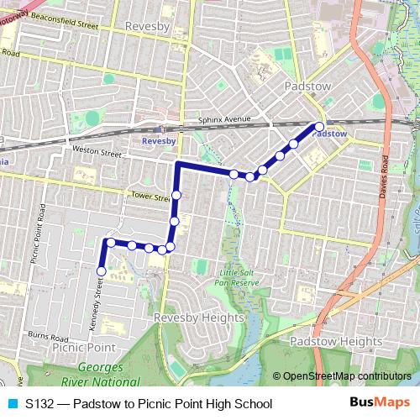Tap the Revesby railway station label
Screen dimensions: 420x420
point(159,142)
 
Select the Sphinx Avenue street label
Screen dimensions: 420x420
point(225,120)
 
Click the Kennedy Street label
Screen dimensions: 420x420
point(97,304)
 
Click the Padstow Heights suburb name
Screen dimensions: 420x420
point(335,342)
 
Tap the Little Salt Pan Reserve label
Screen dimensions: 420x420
point(240,278)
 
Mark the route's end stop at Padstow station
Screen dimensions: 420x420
point(319,127)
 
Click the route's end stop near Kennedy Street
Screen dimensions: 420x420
point(102,271)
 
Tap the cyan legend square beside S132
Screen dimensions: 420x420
point(12,404)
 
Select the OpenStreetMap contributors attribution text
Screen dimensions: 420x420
point(347,376)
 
